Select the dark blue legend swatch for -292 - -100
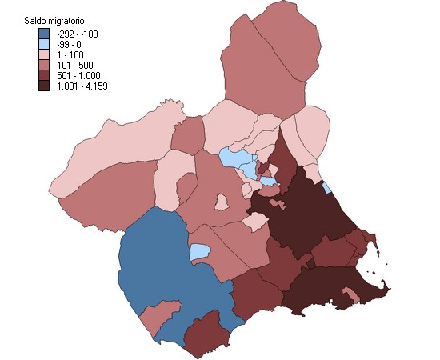[44, 34]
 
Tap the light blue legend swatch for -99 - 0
[44, 44]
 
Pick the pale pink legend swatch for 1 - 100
[44, 54]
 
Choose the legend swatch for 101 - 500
[44, 64]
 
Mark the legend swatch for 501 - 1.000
[44, 74]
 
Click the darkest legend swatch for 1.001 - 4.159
[44, 85]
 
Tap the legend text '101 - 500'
[74, 64]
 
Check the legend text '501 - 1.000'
[78, 74]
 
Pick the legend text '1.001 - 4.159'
[81, 85]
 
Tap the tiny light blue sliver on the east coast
[326, 187]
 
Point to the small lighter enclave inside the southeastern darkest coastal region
[346, 299]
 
